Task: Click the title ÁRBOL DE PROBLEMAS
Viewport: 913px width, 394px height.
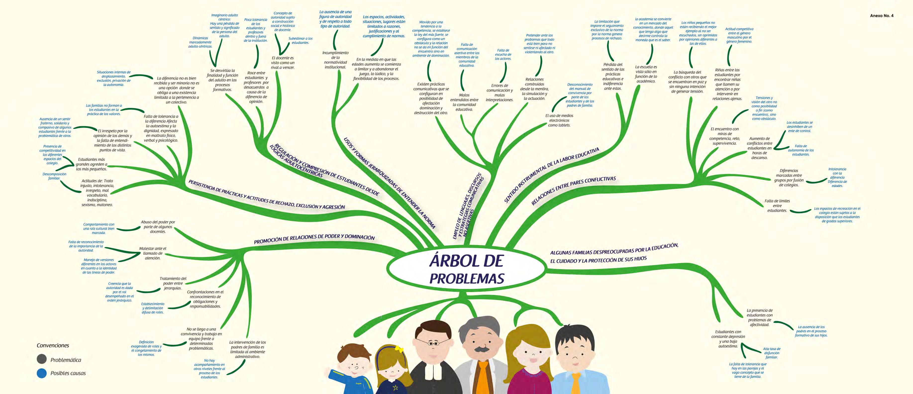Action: coord(467,270)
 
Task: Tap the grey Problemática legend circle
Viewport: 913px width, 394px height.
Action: coord(42,359)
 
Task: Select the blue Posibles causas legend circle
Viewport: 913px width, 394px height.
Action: coord(42,373)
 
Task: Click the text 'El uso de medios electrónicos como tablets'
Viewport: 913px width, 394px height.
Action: coord(559,120)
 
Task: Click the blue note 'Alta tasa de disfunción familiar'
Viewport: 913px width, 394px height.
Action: coord(772,353)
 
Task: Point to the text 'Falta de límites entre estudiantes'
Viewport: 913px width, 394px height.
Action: coord(777,205)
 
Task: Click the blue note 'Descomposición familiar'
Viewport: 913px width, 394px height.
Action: coord(54,176)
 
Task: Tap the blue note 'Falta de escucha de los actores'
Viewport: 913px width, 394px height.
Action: coord(503,54)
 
